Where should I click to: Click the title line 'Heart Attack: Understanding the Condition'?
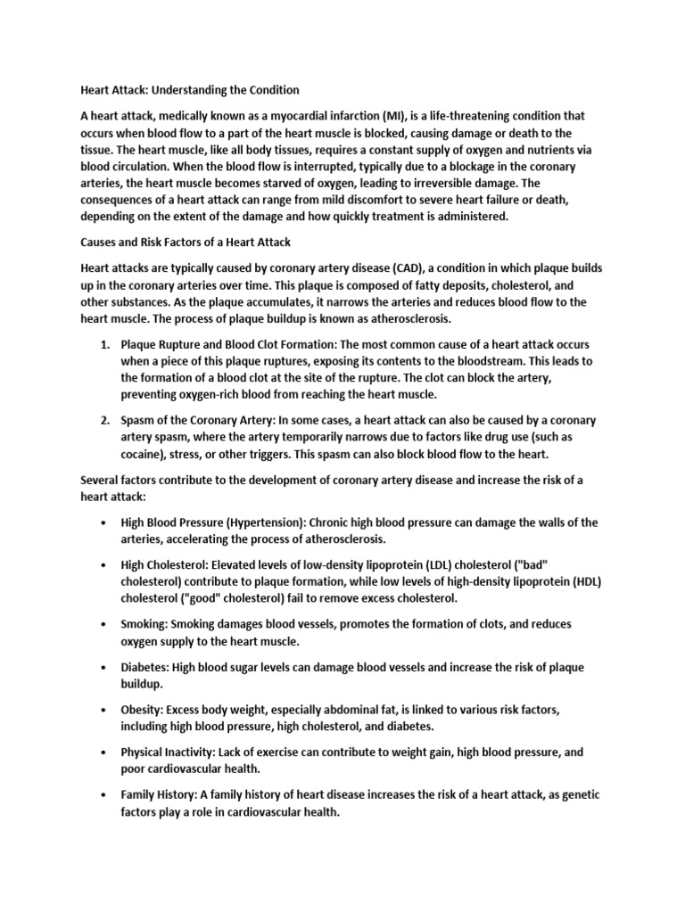point(190,90)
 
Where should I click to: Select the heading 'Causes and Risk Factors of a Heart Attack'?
point(186,242)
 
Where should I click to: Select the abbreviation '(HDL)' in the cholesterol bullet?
point(585,581)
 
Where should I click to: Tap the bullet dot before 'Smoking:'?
point(105,625)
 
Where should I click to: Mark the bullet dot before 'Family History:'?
point(105,795)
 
